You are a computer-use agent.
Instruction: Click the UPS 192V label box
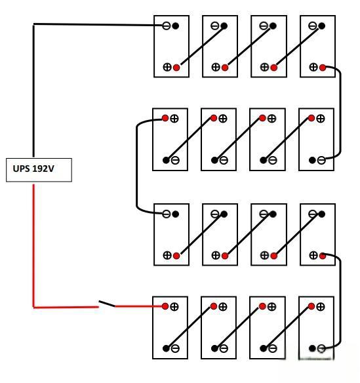pyautogui.click(x=39, y=170)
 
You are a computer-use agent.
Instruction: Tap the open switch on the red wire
pyautogui.click(x=107, y=304)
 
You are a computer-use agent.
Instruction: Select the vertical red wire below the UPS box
pyautogui.click(x=33, y=245)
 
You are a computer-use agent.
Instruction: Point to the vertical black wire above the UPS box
pyautogui.click(x=33, y=91)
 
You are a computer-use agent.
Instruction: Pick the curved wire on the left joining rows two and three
pyautogui.click(x=137, y=166)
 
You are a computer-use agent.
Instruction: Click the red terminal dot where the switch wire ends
pyautogui.click(x=165, y=306)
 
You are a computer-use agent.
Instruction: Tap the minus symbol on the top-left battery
pyautogui.click(x=167, y=26)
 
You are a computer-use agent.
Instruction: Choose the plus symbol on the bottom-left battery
pyautogui.click(x=174, y=306)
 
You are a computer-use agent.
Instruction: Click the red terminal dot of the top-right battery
pyautogui.click(x=323, y=68)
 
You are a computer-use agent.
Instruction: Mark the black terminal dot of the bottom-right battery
pyautogui.click(x=312, y=348)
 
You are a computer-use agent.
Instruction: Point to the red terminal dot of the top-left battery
pyautogui.click(x=176, y=68)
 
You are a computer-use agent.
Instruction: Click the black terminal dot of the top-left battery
pyautogui.click(x=175, y=26)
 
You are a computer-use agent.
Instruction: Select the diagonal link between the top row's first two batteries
pyautogui.click(x=202, y=46)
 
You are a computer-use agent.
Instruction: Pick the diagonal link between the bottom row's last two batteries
pyautogui.click(x=289, y=327)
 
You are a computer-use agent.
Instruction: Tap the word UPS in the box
pyautogui.click(x=21, y=169)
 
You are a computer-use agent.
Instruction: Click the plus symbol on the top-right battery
pyautogui.click(x=313, y=67)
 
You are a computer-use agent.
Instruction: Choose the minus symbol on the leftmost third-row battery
pyautogui.click(x=167, y=214)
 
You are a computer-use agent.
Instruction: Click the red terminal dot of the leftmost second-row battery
pyautogui.click(x=165, y=119)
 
